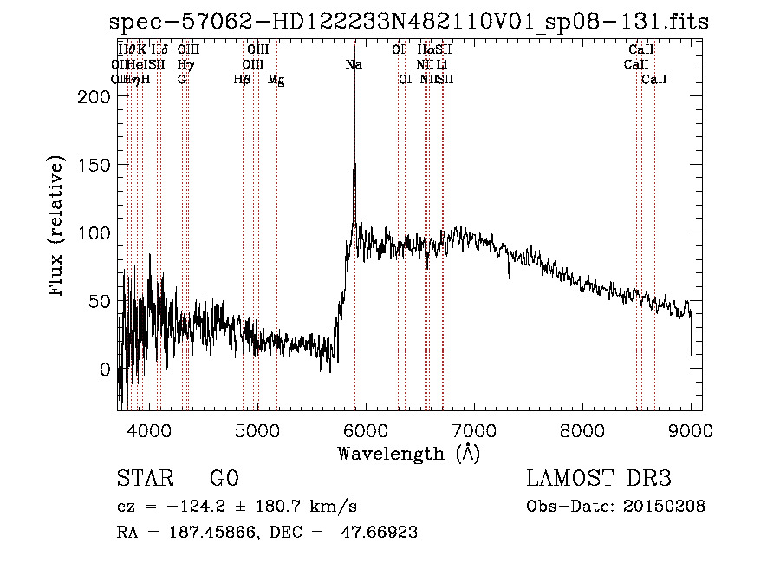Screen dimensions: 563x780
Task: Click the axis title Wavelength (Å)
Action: pyautogui.click(x=408, y=453)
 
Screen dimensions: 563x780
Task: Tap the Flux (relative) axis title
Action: pyautogui.click(x=58, y=227)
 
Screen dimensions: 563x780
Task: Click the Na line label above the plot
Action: pyautogui.click(x=354, y=65)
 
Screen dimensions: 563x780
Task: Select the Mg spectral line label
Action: pyautogui.click(x=276, y=80)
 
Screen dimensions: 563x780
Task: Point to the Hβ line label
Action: pyautogui.click(x=242, y=80)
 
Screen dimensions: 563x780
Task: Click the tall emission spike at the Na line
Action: pyautogui.click(x=354, y=130)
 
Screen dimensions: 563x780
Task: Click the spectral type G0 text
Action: pyautogui.click(x=224, y=478)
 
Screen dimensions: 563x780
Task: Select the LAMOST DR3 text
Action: pyautogui.click(x=599, y=478)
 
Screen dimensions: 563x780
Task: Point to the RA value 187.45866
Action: pyautogui.click(x=209, y=533)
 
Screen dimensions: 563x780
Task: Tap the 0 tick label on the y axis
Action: pyautogui.click(x=105, y=370)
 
